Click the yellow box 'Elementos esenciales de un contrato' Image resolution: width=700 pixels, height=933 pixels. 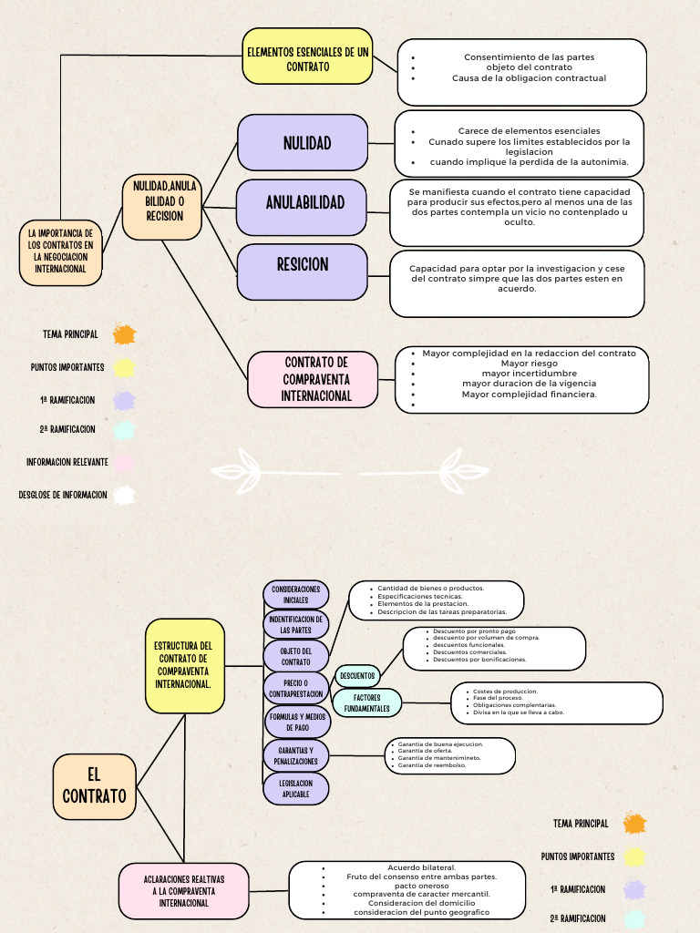tap(308, 56)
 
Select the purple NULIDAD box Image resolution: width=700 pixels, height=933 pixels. tap(303, 143)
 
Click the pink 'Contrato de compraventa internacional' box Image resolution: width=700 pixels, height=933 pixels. tap(313, 379)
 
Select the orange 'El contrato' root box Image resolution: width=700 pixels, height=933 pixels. tap(94, 785)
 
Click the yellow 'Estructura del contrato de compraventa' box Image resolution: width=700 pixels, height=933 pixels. tap(184, 665)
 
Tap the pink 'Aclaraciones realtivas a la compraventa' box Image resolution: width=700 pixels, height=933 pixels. tap(183, 891)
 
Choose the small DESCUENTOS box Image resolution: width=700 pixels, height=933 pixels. tap(357, 676)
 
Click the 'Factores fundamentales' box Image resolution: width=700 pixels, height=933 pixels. tap(366, 702)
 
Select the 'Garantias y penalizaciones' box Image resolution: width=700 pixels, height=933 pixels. tap(295, 755)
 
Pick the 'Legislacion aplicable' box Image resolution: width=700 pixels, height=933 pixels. tap(295, 788)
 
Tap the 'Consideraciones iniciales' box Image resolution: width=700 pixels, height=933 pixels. tap(295, 595)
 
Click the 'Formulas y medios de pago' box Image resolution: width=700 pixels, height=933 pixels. tap(297, 722)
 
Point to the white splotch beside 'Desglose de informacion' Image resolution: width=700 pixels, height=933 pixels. tap(124, 496)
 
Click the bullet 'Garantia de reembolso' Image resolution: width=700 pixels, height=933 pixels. tap(431, 765)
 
